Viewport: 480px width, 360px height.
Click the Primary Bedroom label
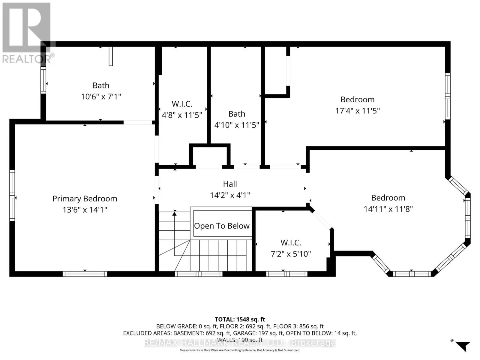pos(85,199)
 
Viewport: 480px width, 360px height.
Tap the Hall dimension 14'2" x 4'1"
pos(230,195)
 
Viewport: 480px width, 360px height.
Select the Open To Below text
pos(222,226)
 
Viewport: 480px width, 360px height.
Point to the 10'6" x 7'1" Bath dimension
pos(101,96)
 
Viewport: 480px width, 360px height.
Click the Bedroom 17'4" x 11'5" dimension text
pos(358,111)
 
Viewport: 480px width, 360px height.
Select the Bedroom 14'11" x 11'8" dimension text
pos(388,209)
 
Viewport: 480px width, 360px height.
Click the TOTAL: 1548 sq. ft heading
pos(240,319)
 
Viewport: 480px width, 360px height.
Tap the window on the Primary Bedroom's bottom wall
pos(85,274)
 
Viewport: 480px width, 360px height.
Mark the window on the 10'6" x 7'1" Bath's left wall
pos(43,80)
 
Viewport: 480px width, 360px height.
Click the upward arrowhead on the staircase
pos(174,213)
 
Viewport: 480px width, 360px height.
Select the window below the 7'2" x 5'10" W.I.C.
pos(287,274)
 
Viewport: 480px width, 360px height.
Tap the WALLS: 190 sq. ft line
pos(240,340)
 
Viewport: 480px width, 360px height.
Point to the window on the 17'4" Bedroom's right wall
pos(448,96)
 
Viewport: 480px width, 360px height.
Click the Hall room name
pos(230,184)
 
